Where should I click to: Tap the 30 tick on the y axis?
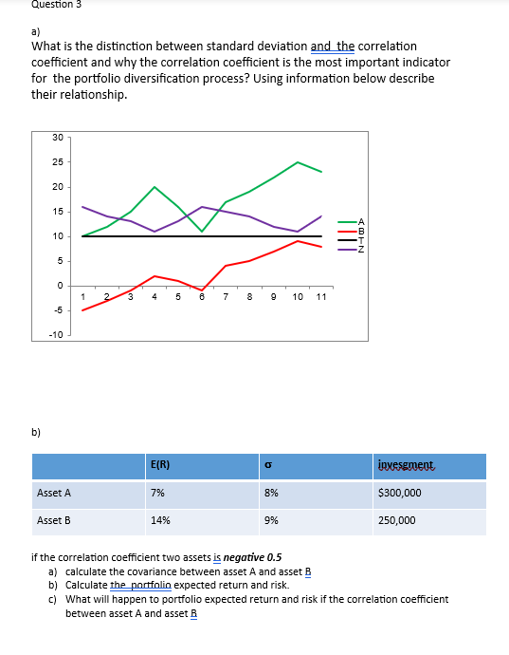click(58, 139)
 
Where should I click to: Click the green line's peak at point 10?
click(298, 162)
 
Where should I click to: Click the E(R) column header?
click(160, 465)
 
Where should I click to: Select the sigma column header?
click(268, 465)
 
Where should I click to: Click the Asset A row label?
click(54, 494)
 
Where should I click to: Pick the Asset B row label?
click(54, 520)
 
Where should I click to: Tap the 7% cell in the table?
click(157, 494)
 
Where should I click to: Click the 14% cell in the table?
click(160, 520)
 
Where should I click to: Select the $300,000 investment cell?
click(399, 494)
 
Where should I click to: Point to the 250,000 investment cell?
click(396, 520)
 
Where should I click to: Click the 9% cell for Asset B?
click(271, 520)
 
